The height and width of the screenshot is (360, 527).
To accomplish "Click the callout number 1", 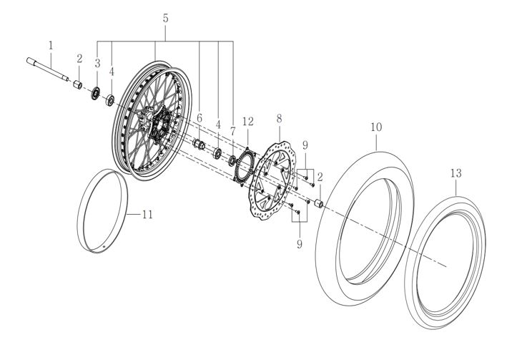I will pos(51,45).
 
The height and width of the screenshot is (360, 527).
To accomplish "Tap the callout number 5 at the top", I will pos(165,18).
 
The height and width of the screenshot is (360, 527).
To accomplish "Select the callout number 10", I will pos(376,127).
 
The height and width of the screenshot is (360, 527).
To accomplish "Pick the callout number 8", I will pos(279,117).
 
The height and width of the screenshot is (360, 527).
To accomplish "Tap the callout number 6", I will pos(200,117).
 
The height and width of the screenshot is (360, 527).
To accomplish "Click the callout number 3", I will pos(97,63).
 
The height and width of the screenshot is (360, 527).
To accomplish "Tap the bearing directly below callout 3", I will pos(95,94).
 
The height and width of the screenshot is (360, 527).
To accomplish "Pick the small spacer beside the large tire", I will pos(315,205).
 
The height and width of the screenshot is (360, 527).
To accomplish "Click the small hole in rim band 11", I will pos(105,247).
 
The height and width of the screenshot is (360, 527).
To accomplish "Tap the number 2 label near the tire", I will pos(320,175).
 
